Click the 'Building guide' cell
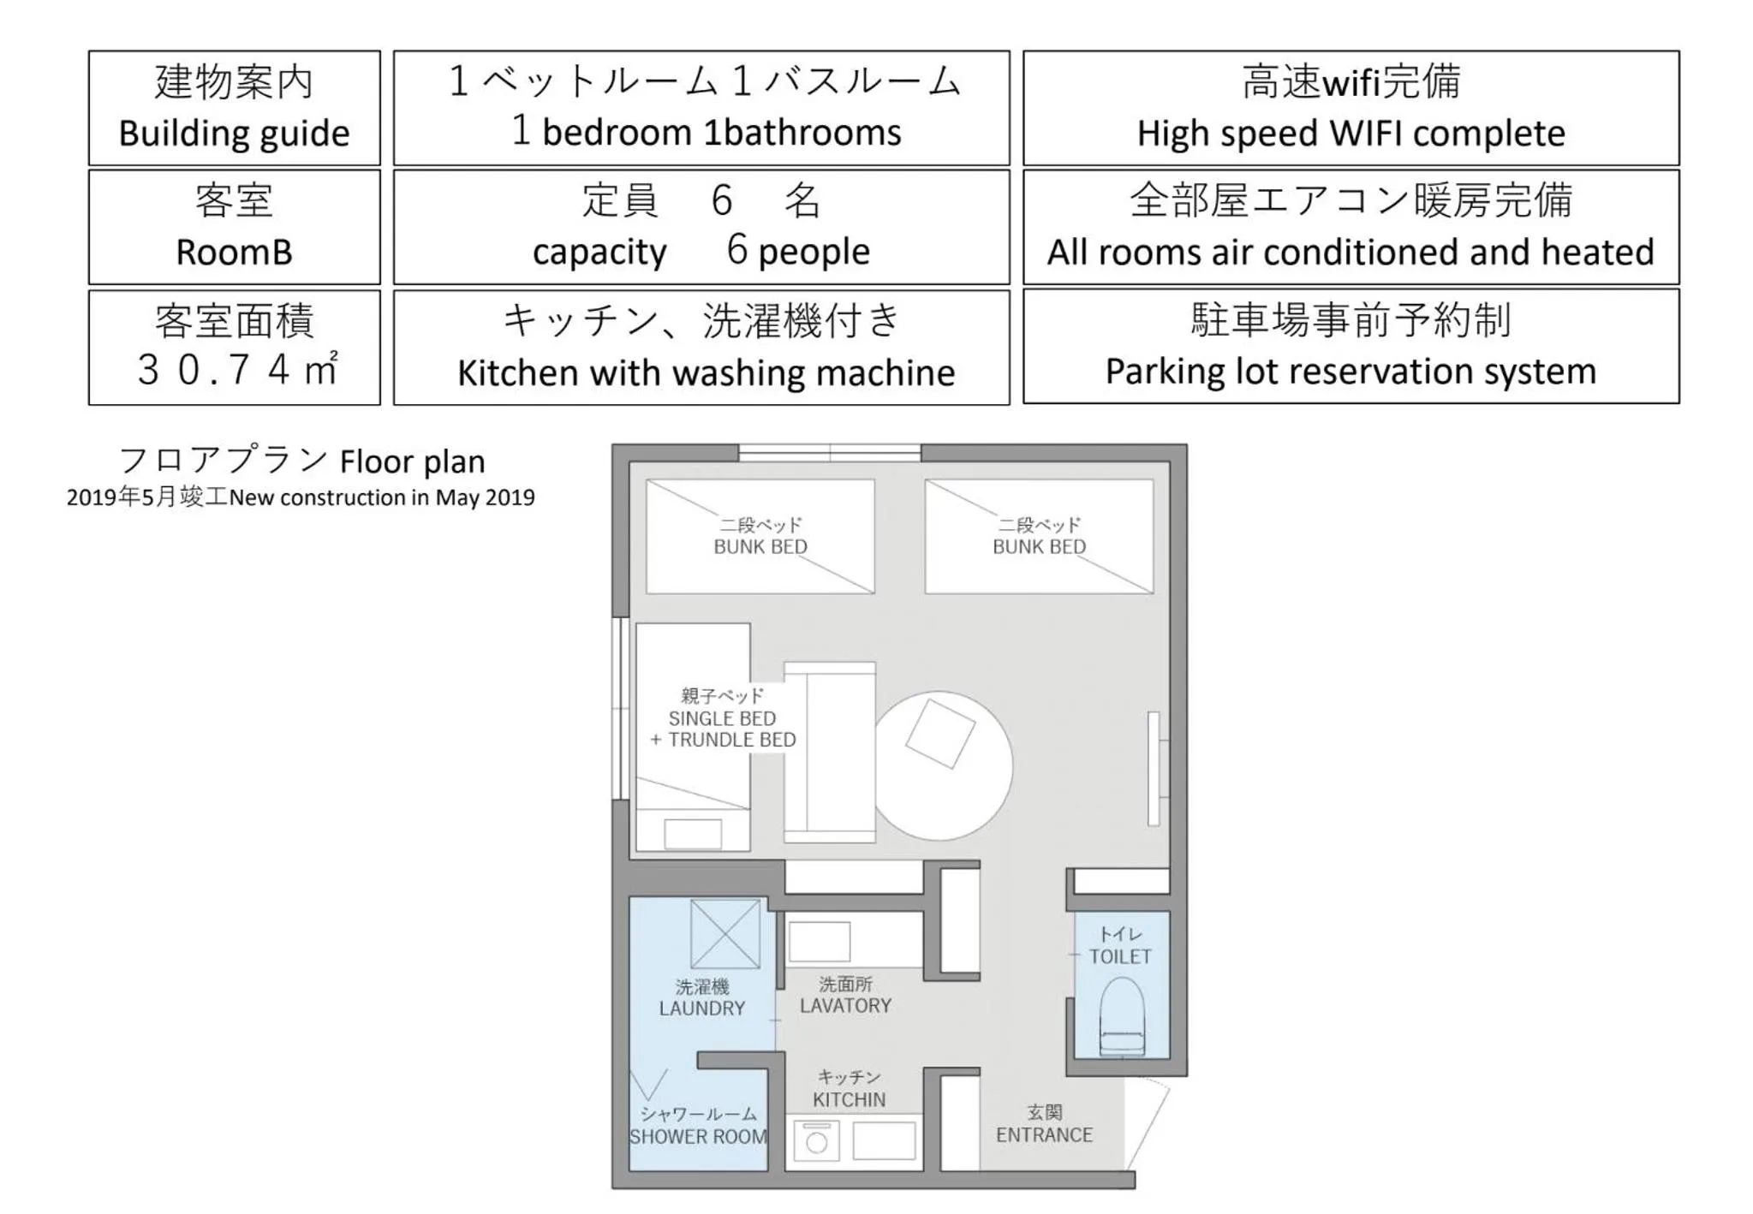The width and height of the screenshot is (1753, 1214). pos(234,108)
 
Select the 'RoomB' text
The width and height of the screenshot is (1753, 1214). pos(234,253)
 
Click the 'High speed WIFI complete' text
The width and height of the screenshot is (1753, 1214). pos(1351,134)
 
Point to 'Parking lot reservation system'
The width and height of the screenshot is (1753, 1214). pos(1351,372)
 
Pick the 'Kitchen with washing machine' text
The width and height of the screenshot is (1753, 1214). pos(706,373)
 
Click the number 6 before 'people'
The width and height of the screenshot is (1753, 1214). pos(736,250)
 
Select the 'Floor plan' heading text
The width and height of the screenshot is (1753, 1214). pos(412,462)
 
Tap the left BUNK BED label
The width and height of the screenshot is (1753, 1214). pos(760,546)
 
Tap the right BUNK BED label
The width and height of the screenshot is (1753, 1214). pos(1039,546)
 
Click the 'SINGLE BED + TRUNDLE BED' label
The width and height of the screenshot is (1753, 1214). pos(723,729)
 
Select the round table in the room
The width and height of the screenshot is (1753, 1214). pos(942,765)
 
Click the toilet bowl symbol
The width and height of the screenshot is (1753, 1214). pos(1121,1017)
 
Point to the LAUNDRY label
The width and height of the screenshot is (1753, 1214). pos(701,1009)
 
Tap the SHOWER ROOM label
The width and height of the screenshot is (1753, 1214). pos(698,1137)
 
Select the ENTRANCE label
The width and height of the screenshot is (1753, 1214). pos(1044,1135)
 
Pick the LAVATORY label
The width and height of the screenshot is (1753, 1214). pos(845,1006)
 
